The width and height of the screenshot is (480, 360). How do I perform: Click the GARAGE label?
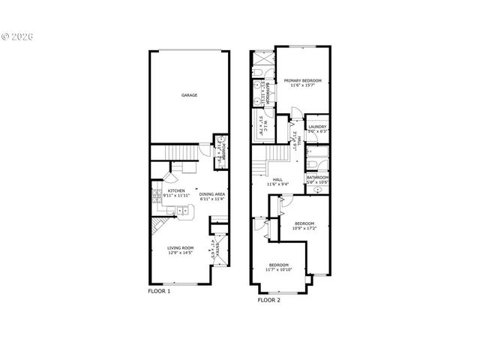pyautogui.click(x=189, y=95)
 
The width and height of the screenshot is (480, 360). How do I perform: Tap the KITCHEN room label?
pyautogui.click(x=176, y=191)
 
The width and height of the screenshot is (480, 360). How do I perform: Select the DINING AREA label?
pyautogui.click(x=212, y=194)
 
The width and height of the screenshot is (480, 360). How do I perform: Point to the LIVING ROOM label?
pyautogui.click(x=181, y=247)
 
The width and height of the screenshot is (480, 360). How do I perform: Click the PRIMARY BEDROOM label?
pyautogui.click(x=302, y=80)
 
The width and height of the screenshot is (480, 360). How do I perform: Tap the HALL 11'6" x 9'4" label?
pyautogui.click(x=277, y=180)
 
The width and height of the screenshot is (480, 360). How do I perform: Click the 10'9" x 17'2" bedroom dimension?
pyautogui.click(x=304, y=228)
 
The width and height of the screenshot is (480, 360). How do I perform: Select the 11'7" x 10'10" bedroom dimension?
pyautogui.click(x=279, y=269)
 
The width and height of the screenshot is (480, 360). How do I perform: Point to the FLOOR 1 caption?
pyautogui.click(x=159, y=291)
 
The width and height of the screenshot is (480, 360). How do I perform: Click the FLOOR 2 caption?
pyautogui.click(x=268, y=299)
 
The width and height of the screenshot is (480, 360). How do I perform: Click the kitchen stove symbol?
pyautogui.click(x=157, y=196)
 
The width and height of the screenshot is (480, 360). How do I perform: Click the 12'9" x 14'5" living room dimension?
pyautogui.click(x=181, y=253)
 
